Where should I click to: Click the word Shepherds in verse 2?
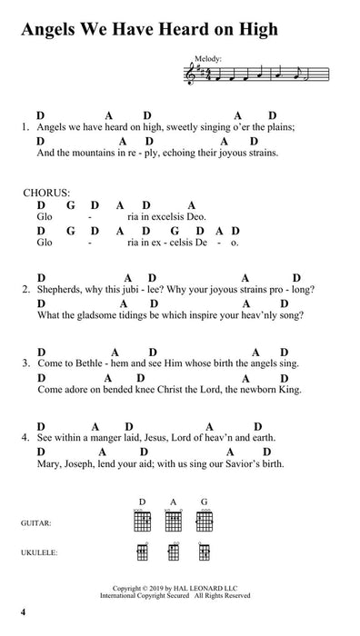[x=60, y=291]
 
